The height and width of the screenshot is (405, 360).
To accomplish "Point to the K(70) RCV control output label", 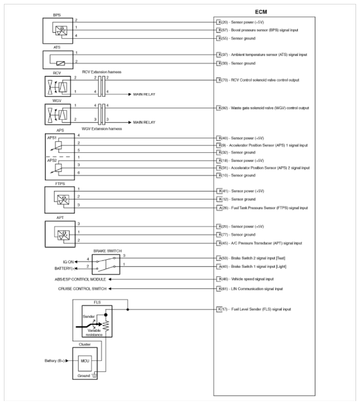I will tap(262, 80).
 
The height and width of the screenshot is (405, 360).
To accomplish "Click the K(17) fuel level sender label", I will tap(254, 309).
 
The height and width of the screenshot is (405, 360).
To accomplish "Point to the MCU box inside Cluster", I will tap(84, 362).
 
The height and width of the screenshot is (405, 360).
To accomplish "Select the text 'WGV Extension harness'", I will tap(101, 129).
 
